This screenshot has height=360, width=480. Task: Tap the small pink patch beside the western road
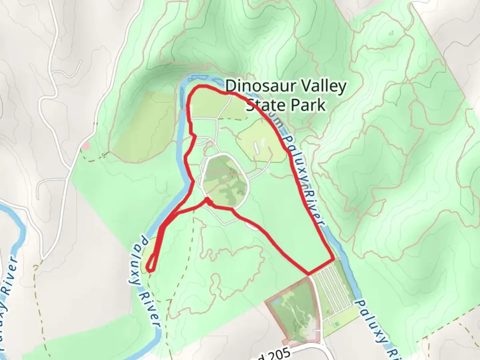pyautogui.click(x=86, y=146)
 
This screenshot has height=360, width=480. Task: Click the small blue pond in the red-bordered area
pyautogui.click(x=276, y=302)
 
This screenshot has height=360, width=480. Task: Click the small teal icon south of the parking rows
pyautogui.click(x=336, y=323)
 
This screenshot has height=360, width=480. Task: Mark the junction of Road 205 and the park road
pyautogui.click(x=323, y=347)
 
